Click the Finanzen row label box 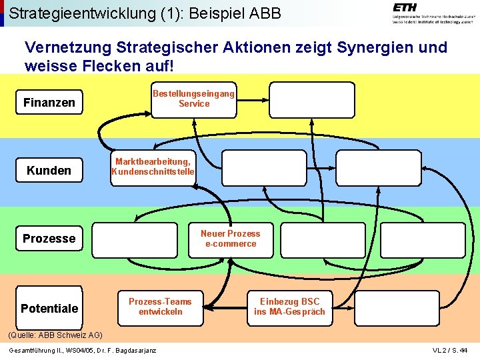click(x=49, y=103)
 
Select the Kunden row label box click(x=49, y=171)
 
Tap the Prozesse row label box click(x=49, y=239)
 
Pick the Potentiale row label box click(x=49, y=308)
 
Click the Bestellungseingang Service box click(x=193, y=99)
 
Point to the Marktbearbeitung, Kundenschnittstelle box click(x=153, y=167)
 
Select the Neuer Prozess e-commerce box click(x=230, y=239)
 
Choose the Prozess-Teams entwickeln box click(x=160, y=307)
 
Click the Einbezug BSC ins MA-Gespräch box click(x=289, y=307)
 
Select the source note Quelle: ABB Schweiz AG click(x=55, y=335)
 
